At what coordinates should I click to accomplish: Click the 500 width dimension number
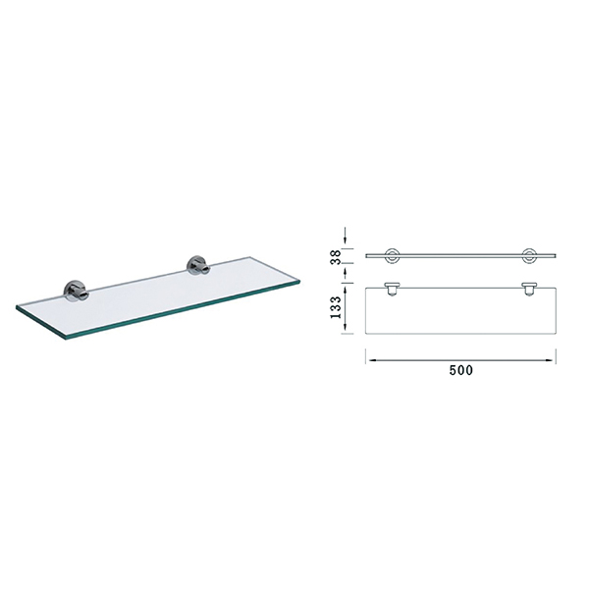pos(461,370)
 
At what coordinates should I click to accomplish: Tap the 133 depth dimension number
pos(336,307)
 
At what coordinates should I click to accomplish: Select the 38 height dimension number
pos(336,257)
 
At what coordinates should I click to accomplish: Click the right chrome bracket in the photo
pos(198,266)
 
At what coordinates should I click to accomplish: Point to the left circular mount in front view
pos(393,256)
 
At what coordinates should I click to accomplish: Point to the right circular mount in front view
pos(530,256)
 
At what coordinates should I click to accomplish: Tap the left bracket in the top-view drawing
pos(393,290)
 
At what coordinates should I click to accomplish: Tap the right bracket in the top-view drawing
pos(530,290)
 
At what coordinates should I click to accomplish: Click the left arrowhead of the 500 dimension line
pos(372,360)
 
